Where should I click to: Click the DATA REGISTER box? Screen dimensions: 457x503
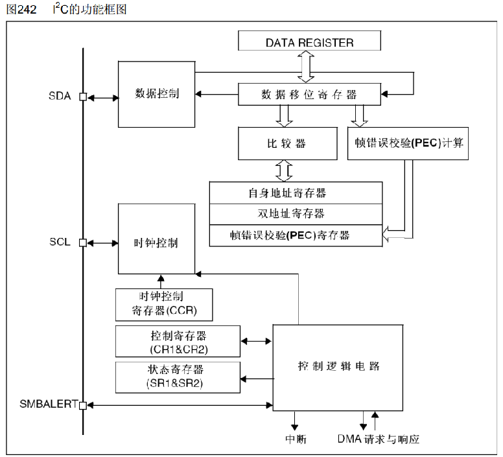[x=309, y=43]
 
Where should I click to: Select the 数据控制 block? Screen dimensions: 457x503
[x=157, y=93]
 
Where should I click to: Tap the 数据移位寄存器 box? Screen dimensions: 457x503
[x=309, y=94]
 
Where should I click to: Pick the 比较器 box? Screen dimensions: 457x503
[x=288, y=143]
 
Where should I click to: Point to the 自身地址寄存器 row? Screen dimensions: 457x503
[x=296, y=193]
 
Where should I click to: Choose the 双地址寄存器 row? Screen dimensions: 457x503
[x=296, y=213]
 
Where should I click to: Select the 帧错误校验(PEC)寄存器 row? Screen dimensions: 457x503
[x=296, y=235]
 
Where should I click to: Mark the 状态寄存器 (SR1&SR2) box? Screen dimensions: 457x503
[x=177, y=377]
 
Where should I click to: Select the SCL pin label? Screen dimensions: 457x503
[x=60, y=242]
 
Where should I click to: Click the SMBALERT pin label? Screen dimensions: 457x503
[x=45, y=405]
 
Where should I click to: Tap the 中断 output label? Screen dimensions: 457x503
[x=296, y=439]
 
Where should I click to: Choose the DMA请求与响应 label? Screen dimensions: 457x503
[x=379, y=439]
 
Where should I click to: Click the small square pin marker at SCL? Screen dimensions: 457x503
[x=83, y=243]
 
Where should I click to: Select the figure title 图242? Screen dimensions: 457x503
[x=21, y=8]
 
